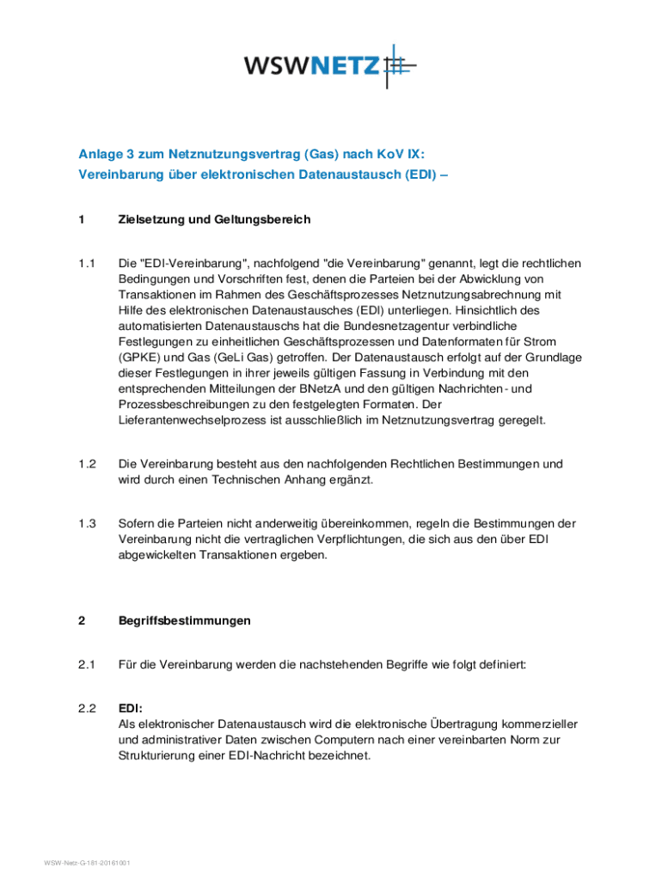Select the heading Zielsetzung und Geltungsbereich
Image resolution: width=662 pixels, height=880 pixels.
pos(214,220)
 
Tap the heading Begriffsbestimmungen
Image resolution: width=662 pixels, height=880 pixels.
pos(185,620)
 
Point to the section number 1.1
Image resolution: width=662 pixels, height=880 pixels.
pos(86,263)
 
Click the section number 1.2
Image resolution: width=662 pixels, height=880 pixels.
pos(86,464)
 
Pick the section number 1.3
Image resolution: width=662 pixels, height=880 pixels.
pos(86,523)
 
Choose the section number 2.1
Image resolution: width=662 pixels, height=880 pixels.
pos(86,664)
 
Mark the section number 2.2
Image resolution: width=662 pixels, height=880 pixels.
pos(86,709)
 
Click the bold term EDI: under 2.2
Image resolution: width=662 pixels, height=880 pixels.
pos(131,709)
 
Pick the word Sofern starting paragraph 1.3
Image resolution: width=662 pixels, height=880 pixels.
pos(138,523)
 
